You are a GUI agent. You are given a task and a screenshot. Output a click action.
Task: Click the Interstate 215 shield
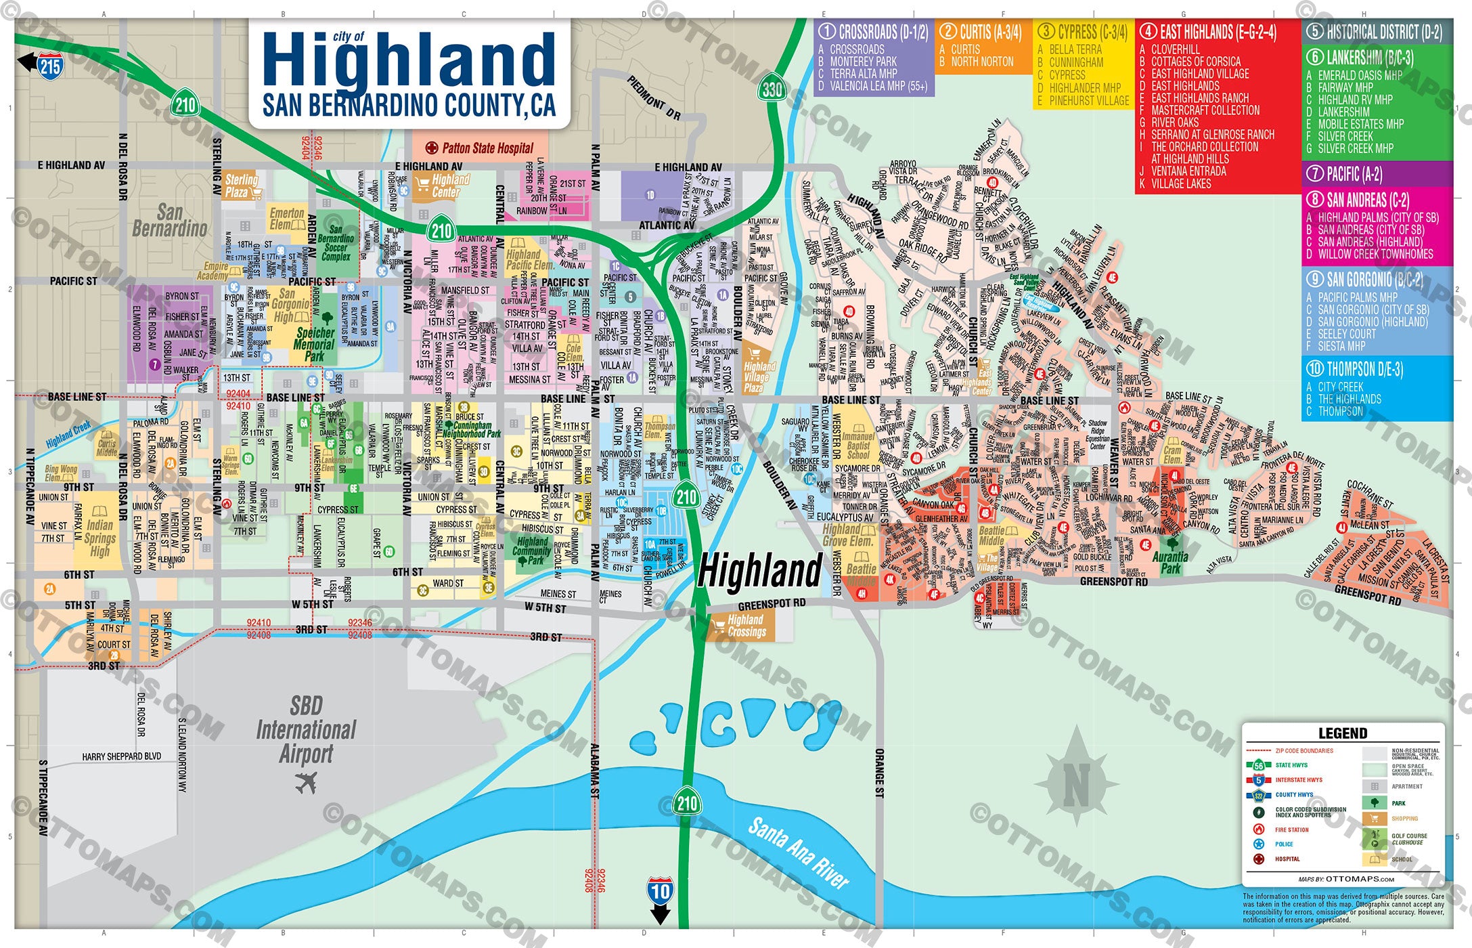click(50, 66)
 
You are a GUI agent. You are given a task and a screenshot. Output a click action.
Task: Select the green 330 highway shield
click(772, 89)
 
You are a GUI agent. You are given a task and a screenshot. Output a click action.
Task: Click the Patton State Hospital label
click(487, 148)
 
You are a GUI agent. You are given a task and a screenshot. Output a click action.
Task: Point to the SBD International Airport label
click(306, 730)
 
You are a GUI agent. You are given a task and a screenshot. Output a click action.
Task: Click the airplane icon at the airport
click(306, 783)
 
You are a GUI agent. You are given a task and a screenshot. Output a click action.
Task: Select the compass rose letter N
click(1076, 785)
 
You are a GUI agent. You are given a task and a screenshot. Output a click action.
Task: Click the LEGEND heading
click(1343, 733)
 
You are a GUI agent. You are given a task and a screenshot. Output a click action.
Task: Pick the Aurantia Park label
click(1170, 562)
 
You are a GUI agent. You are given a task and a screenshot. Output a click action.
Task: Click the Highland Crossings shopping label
click(746, 626)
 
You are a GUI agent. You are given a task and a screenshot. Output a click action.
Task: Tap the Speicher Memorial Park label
click(315, 344)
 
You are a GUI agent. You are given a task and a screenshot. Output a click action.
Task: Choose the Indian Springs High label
click(99, 538)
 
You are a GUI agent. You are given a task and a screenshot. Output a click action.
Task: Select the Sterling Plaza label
click(241, 186)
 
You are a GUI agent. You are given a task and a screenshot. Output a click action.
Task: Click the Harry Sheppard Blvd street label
click(122, 756)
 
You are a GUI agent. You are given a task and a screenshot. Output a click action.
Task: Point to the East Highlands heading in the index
click(1218, 32)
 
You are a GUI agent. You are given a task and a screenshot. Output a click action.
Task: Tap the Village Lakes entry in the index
click(1181, 184)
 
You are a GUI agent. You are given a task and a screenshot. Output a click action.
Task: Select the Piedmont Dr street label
click(654, 98)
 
